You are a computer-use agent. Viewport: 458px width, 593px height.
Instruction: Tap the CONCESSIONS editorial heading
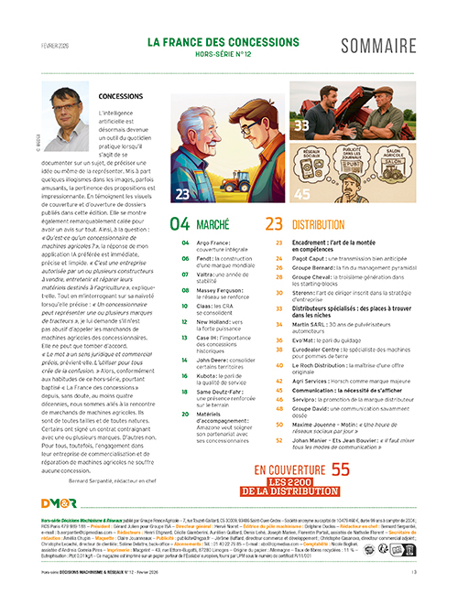[125, 95]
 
